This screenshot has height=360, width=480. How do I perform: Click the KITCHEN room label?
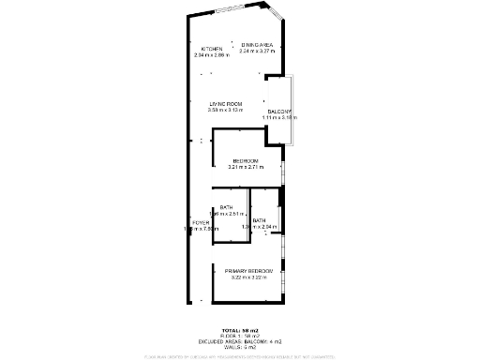[212, 49]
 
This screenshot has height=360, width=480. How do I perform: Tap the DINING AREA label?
[256, 45]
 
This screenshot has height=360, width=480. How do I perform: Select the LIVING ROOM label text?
[226, 104]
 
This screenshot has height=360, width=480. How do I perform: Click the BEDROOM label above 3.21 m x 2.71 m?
[246, 160]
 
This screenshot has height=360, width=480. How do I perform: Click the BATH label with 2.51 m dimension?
[226, 208]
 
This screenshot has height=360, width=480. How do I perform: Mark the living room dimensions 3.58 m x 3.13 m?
[226, 111]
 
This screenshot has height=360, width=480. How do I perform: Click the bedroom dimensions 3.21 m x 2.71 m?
[246, 167]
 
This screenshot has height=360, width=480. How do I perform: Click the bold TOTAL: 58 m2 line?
[241, 331]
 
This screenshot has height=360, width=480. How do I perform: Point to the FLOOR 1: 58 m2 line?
[241, 336]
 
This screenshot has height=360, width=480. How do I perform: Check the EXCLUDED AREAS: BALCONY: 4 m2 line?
[241, 341]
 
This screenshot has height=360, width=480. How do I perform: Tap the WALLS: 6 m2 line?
[241, 347]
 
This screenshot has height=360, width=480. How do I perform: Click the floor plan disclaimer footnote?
[241, 356]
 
